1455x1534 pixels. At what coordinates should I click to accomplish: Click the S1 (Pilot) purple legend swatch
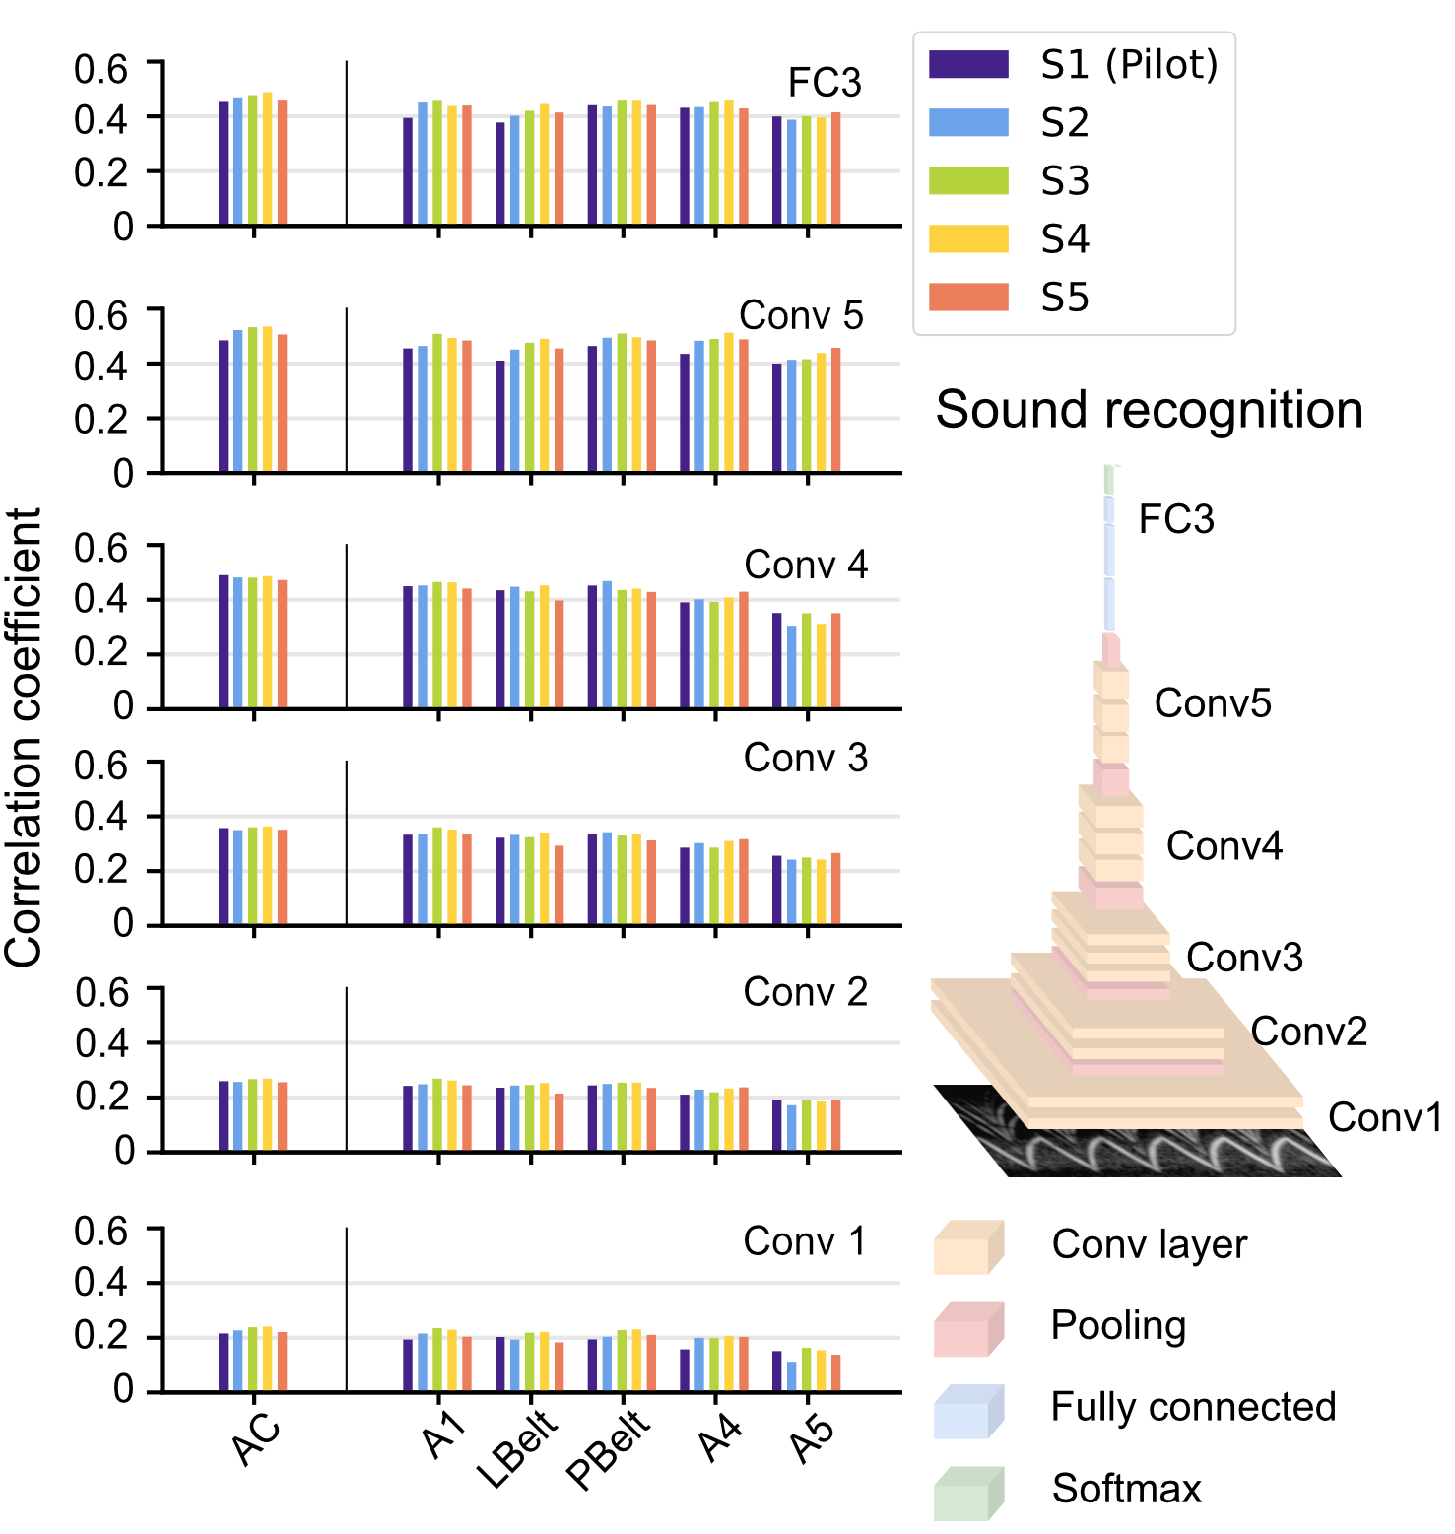point(968,64)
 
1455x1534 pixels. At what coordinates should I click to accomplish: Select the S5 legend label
point(1065,298)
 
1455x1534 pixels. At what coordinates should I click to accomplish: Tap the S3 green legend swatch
point(968,180)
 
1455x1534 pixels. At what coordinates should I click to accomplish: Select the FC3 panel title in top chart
point(825,84)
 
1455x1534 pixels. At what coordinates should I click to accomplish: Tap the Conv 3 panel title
point(805,759)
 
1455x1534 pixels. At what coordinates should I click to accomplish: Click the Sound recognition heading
point(1149,410)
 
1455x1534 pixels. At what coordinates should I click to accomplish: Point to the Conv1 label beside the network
point(1384,1118)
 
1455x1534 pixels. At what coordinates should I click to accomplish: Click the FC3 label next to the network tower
point(1176,520)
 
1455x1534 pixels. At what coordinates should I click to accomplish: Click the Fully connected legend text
point(1193,1407)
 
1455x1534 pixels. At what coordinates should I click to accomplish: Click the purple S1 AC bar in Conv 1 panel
point(224,1363)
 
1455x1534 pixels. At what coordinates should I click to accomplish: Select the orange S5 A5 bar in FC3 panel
point(835,168)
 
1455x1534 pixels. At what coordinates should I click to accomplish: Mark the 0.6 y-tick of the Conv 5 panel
point(101,315)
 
